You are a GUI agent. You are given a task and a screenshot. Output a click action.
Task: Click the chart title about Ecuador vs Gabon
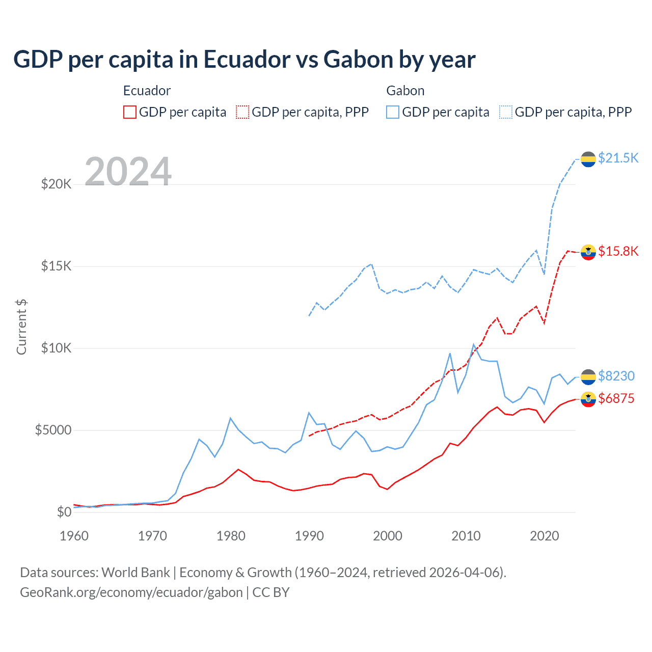point(244,60)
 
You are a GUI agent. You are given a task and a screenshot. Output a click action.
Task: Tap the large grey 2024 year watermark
point(128,172)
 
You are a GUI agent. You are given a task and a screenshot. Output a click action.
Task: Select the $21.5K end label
point(618,158)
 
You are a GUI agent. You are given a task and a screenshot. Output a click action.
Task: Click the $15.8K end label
point(618,251)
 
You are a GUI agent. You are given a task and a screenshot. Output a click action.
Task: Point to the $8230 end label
point(616,376)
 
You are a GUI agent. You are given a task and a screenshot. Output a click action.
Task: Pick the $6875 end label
point(616,398)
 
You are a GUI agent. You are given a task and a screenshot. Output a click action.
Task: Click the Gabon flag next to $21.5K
point(588,159)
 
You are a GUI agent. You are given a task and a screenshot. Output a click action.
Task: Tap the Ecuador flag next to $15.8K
point(588,252)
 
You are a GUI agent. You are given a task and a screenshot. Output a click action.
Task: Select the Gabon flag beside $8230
point(588,377)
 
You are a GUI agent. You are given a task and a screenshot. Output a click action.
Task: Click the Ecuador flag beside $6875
point(588,399)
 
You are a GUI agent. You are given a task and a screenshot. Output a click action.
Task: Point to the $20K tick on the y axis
point(56,184)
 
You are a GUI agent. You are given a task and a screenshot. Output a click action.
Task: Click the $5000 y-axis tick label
point(53,430)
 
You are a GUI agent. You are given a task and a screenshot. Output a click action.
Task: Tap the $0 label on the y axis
point(64,512)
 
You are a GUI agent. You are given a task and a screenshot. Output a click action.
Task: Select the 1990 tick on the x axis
point(309,536)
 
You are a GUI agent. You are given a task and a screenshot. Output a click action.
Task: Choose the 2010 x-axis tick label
point(466,536)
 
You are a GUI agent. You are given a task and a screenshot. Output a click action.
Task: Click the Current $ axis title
point(21,327)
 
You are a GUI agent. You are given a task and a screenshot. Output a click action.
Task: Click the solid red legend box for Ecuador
point(130,112)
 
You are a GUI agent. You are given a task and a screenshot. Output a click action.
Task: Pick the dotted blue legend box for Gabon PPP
point(506,112)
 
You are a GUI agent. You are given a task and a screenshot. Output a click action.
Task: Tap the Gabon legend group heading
point(405,91)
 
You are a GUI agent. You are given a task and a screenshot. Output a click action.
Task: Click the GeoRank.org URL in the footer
point(131,592)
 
